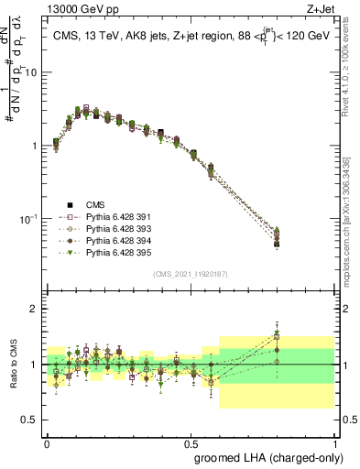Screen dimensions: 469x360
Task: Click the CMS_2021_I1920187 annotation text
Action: tap(191, 274)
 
